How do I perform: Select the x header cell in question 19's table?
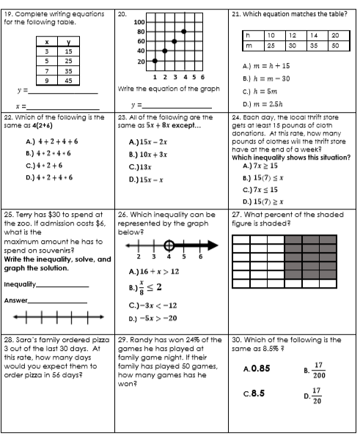point(47,42)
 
